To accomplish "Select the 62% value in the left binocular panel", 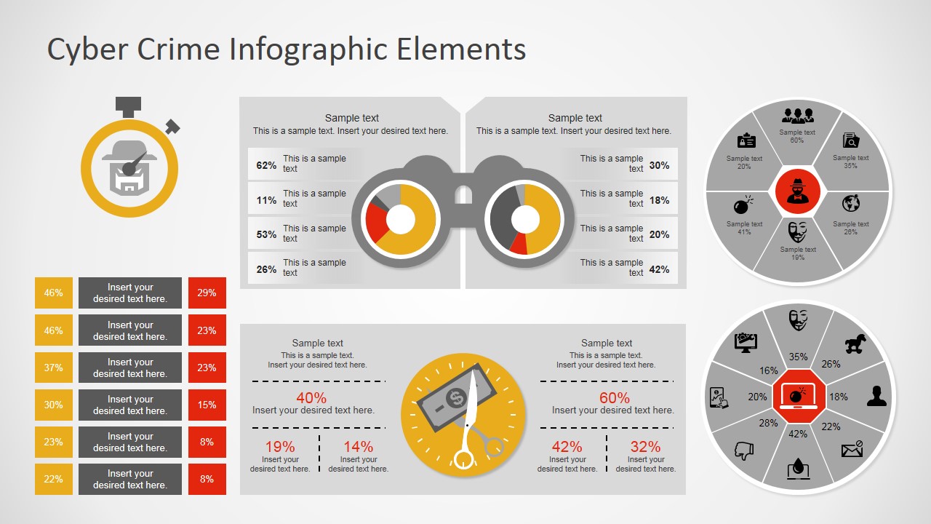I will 266,165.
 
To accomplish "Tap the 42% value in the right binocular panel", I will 659,269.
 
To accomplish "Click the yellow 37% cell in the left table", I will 54,368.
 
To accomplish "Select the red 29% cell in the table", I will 207,293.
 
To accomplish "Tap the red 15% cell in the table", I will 207,405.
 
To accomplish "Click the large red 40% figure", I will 311,398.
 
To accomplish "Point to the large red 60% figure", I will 615,398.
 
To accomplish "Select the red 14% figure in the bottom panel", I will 358,447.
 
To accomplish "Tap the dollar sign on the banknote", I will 456,398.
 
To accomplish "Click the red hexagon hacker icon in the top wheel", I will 798,191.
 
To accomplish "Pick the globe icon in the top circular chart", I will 851,203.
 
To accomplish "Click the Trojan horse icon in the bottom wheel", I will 855,344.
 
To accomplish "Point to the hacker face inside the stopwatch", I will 129,169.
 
